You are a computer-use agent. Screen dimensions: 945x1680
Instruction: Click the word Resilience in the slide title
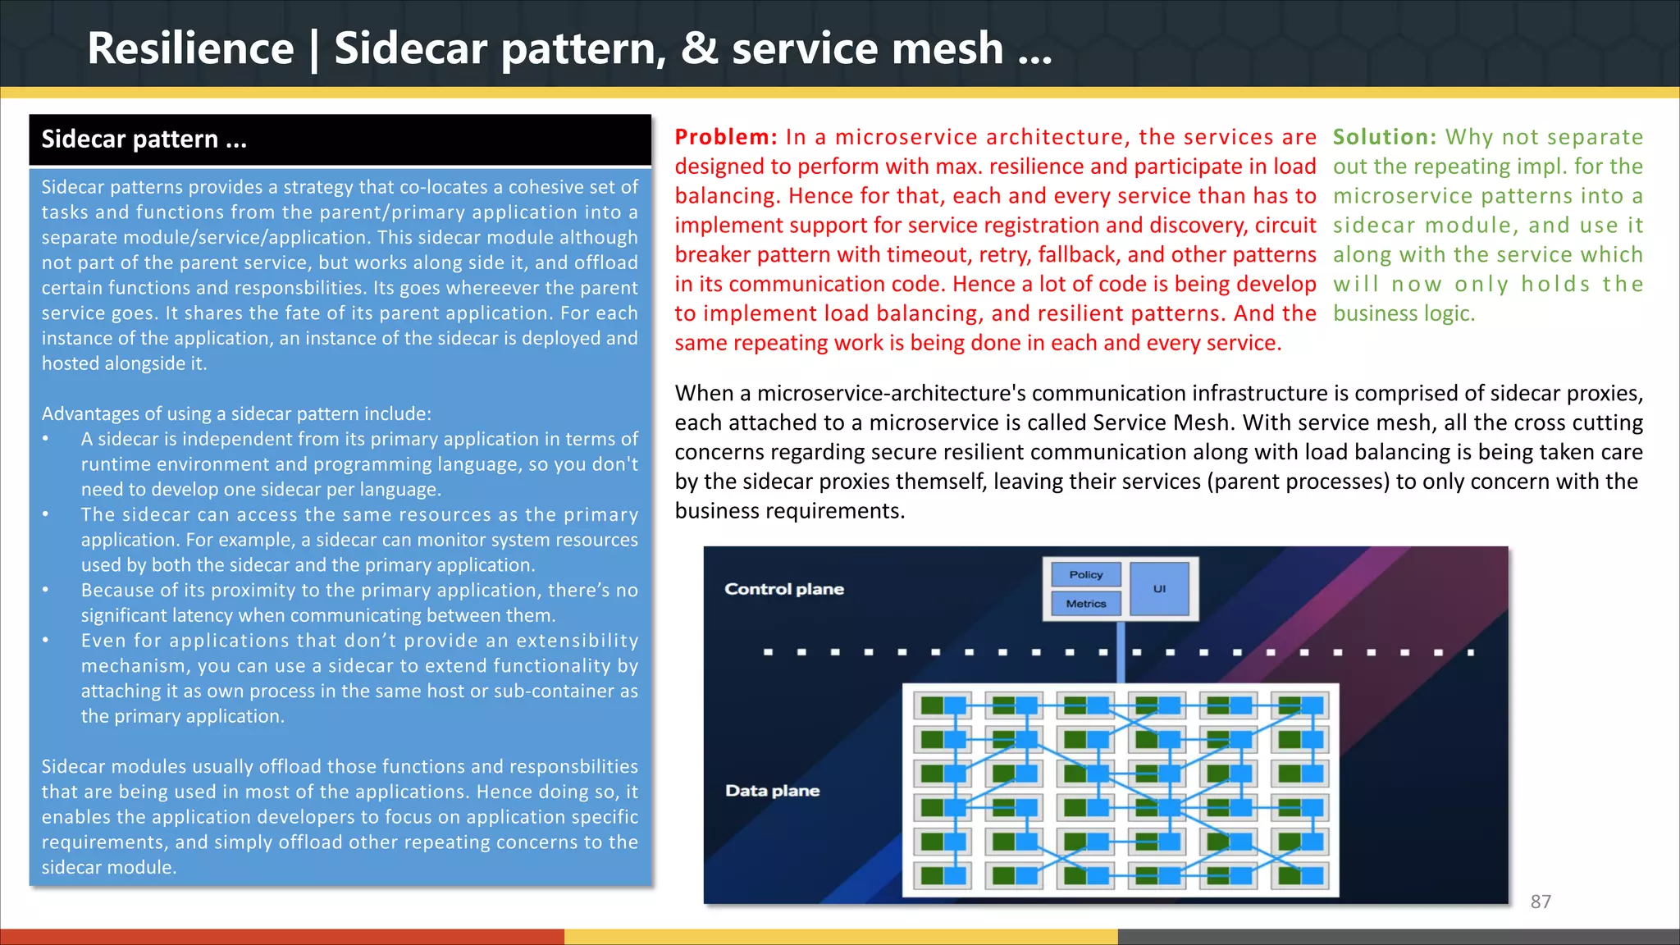point(190,48)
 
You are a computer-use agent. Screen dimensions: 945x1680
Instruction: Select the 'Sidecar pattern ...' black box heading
point(144,139)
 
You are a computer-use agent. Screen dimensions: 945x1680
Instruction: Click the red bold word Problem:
point(726,137)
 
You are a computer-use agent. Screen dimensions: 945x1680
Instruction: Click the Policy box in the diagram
point(1085,574)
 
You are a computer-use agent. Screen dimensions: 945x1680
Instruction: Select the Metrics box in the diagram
point(1085,604)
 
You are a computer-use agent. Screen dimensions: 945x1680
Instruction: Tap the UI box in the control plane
point(1159,588)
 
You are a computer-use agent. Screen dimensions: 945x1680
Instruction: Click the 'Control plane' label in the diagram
point(783,589)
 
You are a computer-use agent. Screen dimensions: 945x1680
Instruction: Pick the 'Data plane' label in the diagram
point(772,791)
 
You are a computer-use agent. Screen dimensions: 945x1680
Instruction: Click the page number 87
point(1541,902)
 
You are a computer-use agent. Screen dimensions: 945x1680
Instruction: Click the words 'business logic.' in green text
point(1404,313)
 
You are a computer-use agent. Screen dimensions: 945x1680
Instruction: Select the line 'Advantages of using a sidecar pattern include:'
point(236,413)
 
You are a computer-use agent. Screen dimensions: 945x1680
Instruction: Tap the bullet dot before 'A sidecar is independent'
point(46,439)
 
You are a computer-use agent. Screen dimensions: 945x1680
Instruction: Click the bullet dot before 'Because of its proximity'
point(46,590)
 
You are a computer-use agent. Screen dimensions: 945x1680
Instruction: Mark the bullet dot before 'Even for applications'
point(46,641)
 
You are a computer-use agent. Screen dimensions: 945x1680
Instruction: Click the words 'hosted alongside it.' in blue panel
point(124,363)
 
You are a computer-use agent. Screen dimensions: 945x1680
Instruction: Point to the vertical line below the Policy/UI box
point(1121,651)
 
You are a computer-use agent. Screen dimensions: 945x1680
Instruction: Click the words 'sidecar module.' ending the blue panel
point(109,867)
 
